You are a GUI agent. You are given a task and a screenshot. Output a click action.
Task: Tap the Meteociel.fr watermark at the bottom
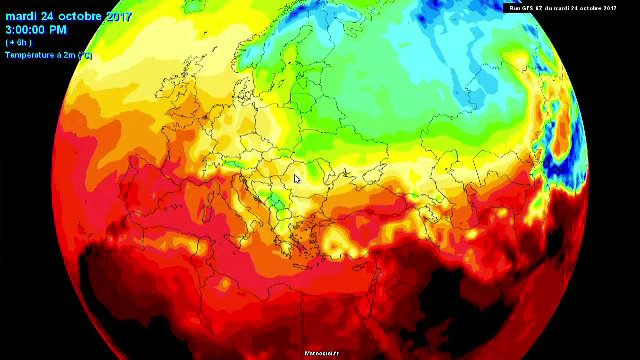pos(322,353)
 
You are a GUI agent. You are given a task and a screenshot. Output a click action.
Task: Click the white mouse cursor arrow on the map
pos(297,180)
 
